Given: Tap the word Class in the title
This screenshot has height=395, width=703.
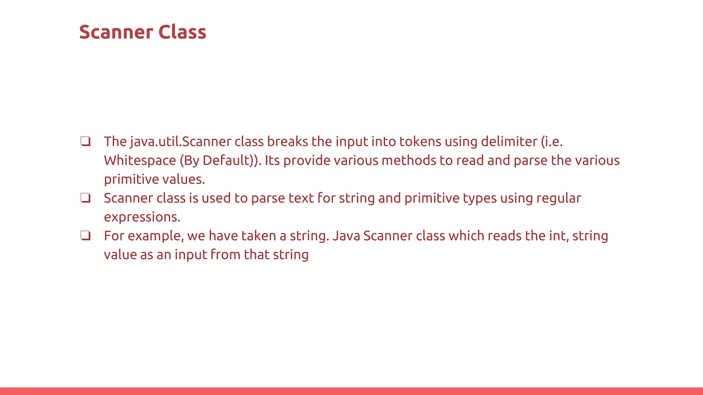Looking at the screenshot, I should coord(182,32).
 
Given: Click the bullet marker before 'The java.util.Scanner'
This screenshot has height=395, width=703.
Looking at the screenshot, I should coord(85,141).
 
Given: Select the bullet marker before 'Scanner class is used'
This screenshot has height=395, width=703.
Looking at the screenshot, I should coord(85,198).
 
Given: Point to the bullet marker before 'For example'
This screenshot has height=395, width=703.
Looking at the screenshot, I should coord(85,236).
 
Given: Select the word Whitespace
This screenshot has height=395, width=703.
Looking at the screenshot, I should coord(140,160).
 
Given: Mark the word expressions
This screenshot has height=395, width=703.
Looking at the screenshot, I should coord(142,217).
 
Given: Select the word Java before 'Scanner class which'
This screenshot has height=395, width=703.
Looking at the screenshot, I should coord(346,236).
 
